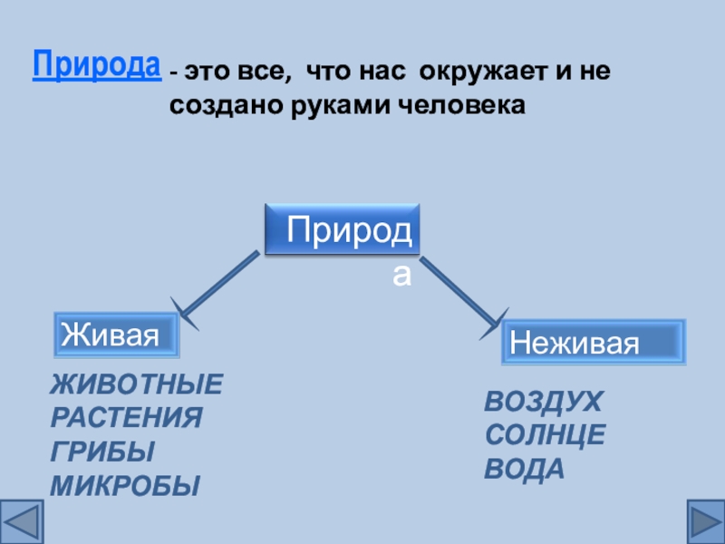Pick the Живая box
click(x=116, y=335)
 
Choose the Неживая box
click(x=594, y=341)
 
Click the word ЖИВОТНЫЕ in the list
click(x=136, y=385)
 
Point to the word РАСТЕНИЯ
click(x=126, y=419)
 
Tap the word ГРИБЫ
click(x=101, y=452)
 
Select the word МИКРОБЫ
click(x=124, y=485)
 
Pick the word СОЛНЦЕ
click(x=545, y=435)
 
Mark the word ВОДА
click(x=525, y=469)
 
